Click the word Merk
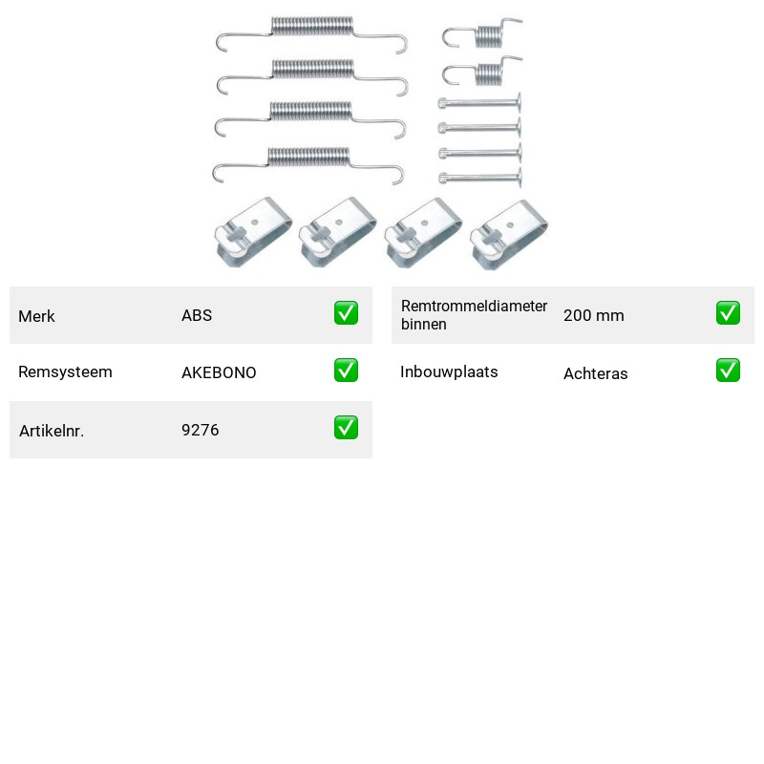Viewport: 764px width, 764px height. [36, 316]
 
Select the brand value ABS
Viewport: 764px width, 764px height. [197, 315]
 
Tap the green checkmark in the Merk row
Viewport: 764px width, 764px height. [346, 313]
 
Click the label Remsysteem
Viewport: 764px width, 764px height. [65, 371]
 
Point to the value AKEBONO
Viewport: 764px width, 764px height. [219, 372]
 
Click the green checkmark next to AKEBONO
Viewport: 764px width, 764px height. [346, 371]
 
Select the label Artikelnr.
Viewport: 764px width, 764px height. [52, 431]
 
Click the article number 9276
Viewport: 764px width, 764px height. [201, 430]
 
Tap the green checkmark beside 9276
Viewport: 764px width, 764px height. [346, 427]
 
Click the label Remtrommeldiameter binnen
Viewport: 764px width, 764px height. [474, 315]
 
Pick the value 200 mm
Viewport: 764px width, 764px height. [593, 315]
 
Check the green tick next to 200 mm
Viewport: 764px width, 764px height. [728, 313]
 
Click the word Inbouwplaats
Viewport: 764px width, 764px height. [449, 371]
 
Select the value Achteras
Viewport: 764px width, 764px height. [595, 373]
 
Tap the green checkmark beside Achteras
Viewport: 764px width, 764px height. [728, 371]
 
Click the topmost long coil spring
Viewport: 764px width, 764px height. [312, 27]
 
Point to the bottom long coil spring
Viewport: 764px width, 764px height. [308, 157]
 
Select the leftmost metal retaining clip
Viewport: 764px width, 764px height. [253, 232]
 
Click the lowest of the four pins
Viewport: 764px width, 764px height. [480, 179]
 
